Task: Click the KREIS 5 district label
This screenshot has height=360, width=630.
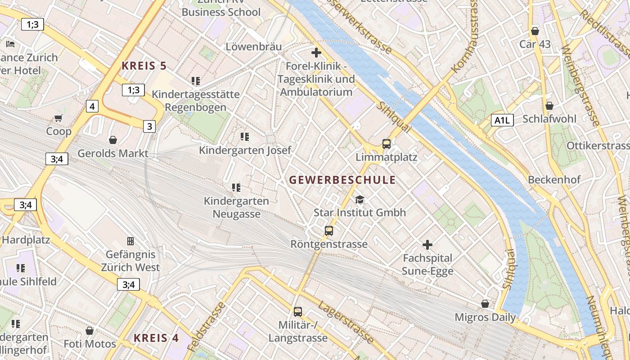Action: click(144, 66)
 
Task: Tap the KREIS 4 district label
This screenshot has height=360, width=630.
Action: click(156, 338)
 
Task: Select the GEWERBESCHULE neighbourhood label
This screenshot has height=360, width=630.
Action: click(342, 180)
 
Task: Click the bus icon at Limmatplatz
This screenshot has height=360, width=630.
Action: click(386, 144)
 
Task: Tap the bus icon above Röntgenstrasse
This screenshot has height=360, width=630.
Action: click(329, 231)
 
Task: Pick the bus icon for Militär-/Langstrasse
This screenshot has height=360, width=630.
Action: click(297, 311)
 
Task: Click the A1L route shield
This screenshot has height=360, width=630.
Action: click(502, 120)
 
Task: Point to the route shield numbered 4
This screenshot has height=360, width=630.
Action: click(92, 107)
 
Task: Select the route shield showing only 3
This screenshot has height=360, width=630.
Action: click(149, 126)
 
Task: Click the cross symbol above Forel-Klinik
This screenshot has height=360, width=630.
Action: click(316, 53)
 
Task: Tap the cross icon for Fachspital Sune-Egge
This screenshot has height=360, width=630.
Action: click(427, 245)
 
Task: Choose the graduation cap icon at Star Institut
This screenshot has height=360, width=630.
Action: click(360, 199)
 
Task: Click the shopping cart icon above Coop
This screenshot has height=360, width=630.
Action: click(58, 118)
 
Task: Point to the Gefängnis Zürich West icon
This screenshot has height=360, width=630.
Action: click(130, 241)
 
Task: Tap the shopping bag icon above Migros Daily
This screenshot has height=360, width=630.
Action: click(485, 304)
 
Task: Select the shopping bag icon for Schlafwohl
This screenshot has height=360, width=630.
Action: click(549, 106)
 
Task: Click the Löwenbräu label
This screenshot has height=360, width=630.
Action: click(254, 47)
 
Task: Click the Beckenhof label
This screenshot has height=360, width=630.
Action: click(554, 180)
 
